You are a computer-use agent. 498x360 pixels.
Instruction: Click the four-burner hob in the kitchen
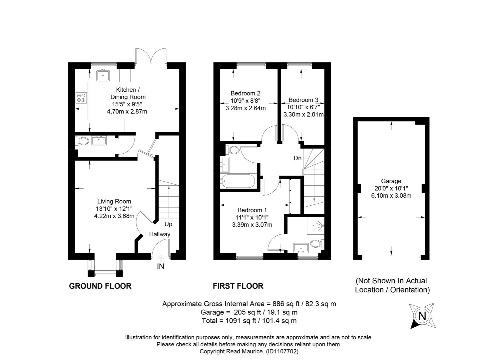coord(81,98)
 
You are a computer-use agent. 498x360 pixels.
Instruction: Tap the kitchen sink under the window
coord(103,75)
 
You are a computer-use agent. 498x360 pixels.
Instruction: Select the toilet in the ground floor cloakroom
coord(82,141)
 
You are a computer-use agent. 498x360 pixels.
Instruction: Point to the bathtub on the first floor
coord(238,181)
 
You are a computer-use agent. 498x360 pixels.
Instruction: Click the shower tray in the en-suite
coord(315,226)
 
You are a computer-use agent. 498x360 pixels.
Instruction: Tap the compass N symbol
coord(422,316)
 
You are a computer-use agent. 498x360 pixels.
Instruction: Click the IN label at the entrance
coord(161,266)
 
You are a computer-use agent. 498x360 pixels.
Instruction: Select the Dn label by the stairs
coord(297,158)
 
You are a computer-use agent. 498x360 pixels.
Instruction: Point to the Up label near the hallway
coord(168,224)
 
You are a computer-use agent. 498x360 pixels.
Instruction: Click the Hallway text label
coord(160,234)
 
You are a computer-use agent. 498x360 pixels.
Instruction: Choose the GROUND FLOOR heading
coord(100,286)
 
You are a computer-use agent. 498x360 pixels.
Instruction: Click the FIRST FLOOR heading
coord(238,286)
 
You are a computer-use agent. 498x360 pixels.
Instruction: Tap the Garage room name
coord(391,181)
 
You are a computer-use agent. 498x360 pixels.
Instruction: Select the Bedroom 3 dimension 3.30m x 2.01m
coord(303,115)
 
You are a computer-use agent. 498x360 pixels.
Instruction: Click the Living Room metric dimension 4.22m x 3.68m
coord(114,216)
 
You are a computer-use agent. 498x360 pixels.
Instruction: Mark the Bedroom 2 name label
coord(246,93)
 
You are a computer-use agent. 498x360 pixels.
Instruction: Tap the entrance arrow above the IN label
coord(161,258)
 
